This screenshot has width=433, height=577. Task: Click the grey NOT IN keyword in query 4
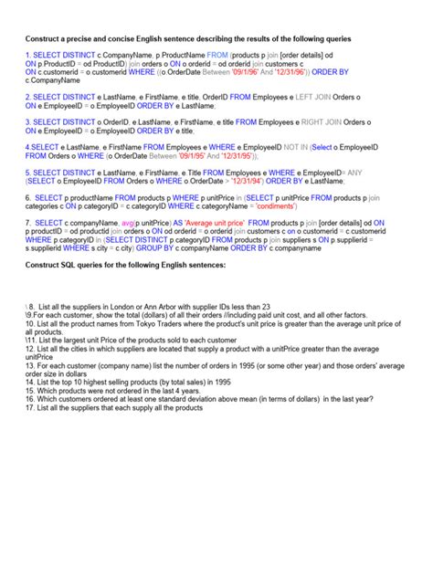[294, 146]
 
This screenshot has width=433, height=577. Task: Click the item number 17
[30, 407]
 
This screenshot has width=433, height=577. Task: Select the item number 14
[30, 382]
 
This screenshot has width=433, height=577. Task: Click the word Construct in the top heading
[45, 39]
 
